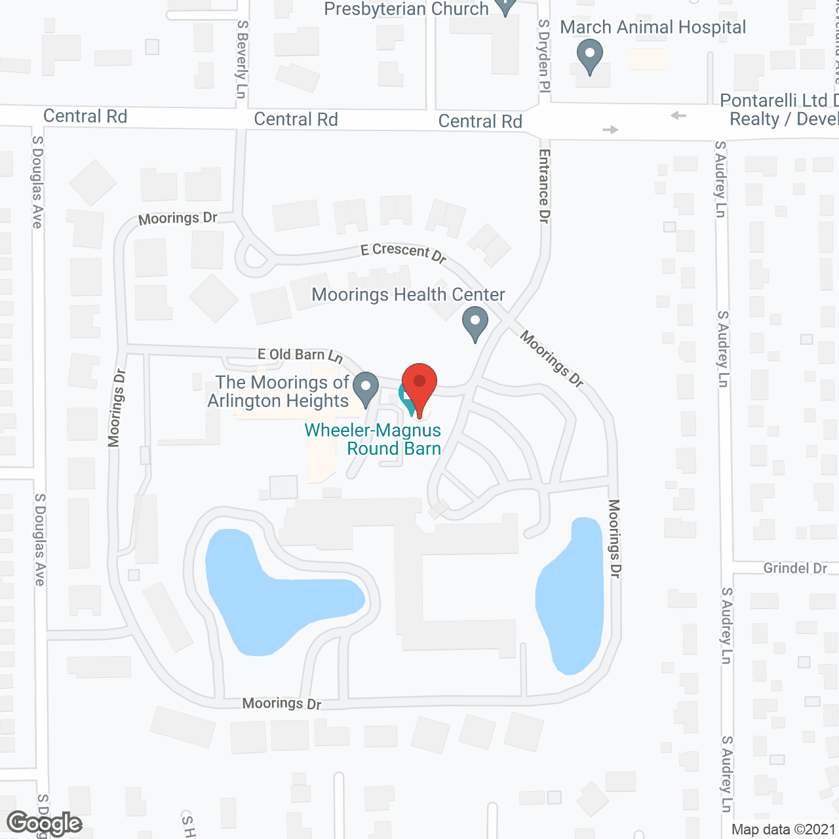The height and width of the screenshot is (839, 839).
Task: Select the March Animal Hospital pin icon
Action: (590, 56)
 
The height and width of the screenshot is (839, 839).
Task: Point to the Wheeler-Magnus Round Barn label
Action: (373, 439)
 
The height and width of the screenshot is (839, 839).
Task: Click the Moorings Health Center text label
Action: (408, 295)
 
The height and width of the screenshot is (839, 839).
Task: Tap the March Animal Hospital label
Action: (653, 28)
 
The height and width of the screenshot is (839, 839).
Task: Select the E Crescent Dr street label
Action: (404, 252)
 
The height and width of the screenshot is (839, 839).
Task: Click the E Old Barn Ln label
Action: (300, 355)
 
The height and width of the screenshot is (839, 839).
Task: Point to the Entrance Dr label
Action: (544, 186)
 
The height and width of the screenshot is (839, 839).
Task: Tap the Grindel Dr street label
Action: (795, 568)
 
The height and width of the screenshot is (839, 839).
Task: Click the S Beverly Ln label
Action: (242, 59)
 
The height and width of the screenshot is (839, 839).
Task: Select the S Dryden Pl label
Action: (543, 56)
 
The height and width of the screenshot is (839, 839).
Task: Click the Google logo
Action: (45, 823)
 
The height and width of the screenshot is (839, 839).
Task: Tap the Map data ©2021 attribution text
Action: (783, 829)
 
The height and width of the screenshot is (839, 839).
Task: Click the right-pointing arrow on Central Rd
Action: (610, 130)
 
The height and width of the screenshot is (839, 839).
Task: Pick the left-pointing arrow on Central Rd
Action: (678, 116)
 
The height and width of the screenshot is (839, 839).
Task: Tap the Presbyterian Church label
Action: (406, 9)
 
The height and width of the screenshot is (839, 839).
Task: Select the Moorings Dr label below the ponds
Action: (282, 703)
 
